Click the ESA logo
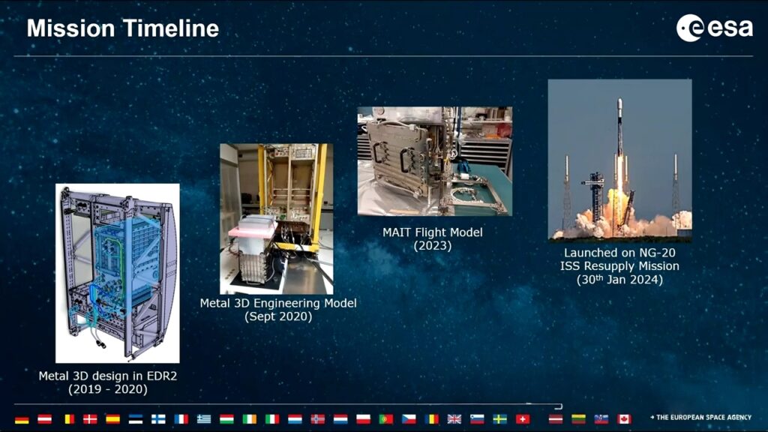click(715, 28)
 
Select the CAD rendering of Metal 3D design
click(118, 273)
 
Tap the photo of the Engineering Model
click(276, 219)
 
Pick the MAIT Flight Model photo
click(435, 161)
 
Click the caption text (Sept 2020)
click(278, 316)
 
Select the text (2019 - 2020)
click(108, 389)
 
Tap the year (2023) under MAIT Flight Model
click(433, 245)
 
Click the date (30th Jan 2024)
click(619, 279)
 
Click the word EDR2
click(162, 376)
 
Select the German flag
click(22, 419)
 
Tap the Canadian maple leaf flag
click(623, 419)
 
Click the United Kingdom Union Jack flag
click(454, 419)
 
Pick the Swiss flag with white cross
click(523, 419)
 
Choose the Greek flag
click(204, 419)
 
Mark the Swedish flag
click(499, 419)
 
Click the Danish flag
click(90, 419)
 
